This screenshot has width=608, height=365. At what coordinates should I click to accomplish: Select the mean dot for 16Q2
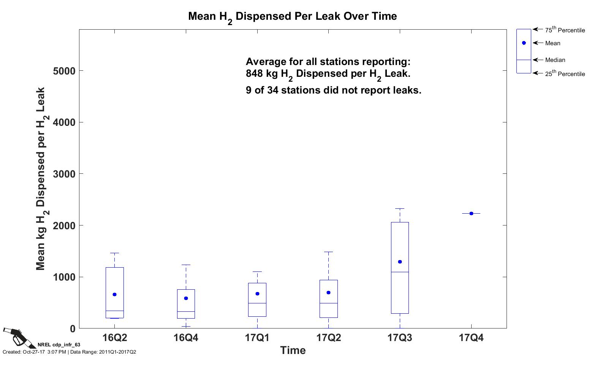[x=114, y=295]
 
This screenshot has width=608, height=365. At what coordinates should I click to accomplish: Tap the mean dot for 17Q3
[x=400, y=262]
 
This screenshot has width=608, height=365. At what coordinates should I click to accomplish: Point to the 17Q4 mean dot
[x=471, y=214]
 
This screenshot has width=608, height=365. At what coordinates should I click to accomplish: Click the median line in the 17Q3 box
[x=400, y=272]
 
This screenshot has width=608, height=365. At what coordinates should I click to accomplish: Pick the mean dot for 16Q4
[x=186, y=298]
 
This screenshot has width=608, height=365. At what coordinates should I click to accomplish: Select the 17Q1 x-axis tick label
[x=257, y=338]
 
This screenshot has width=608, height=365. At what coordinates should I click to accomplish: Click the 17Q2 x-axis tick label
[x=329, y=338]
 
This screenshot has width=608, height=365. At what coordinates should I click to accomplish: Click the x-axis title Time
[x=293, y=351]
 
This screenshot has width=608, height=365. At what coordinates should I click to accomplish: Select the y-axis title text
[x=41, y=179]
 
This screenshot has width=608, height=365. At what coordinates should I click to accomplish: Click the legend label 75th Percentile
[x=565, y=30]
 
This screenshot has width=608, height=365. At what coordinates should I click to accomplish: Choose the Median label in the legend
[x=555, y=60]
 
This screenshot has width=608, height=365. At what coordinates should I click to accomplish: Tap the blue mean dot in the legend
[x=524, y=43]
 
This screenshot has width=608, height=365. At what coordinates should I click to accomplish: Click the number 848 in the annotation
[x=255, y=74]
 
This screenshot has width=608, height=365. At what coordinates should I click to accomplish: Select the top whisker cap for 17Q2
[x=328, y=252]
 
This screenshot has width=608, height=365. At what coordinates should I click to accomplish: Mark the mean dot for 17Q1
[x=257, y=294]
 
